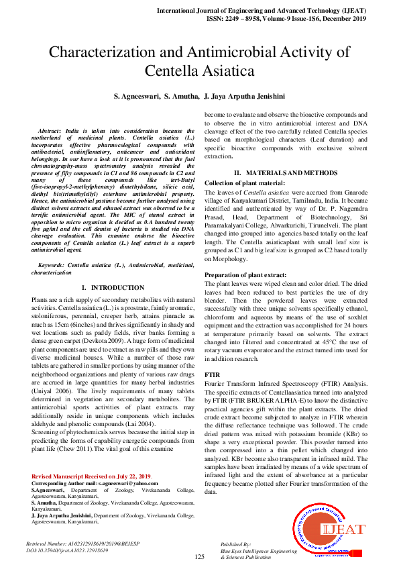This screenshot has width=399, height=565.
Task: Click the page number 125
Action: (199, 556)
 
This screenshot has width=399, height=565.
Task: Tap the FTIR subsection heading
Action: (212, 374)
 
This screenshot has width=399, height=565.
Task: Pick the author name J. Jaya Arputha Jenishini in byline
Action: (244, 96)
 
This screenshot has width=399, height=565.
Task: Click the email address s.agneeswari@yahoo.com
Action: (128, 482)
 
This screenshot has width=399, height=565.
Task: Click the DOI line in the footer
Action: (67, 550)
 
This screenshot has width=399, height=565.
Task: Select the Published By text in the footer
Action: (236, 544)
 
